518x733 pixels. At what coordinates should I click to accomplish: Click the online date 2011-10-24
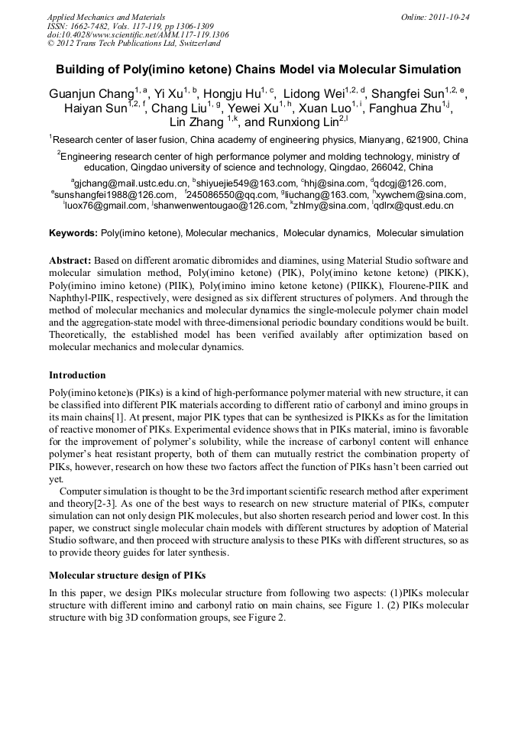coord(446,16)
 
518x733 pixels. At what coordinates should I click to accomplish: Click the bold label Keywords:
coord(73,232)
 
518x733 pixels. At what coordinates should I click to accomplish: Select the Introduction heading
coord(77,375)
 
